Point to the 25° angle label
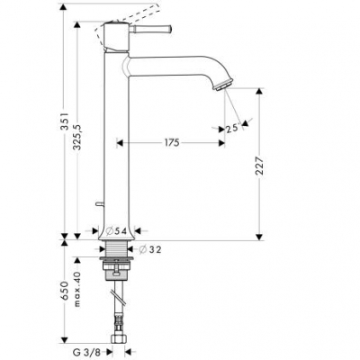click(232, 129)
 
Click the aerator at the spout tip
click(220, 85)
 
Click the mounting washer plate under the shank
click(119, 266)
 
